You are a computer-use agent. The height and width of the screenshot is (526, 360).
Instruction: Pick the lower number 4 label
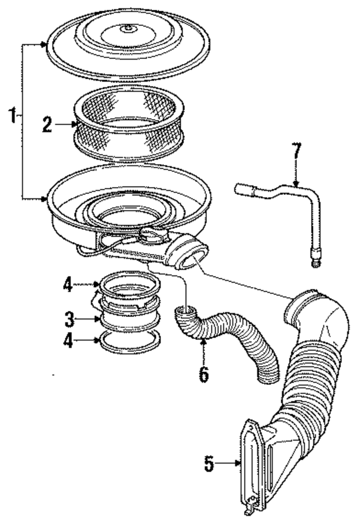[67, 342]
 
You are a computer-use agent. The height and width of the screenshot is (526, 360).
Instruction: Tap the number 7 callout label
[296, 153]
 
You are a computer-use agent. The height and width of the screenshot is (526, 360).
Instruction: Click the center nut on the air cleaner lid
[129, 28]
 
